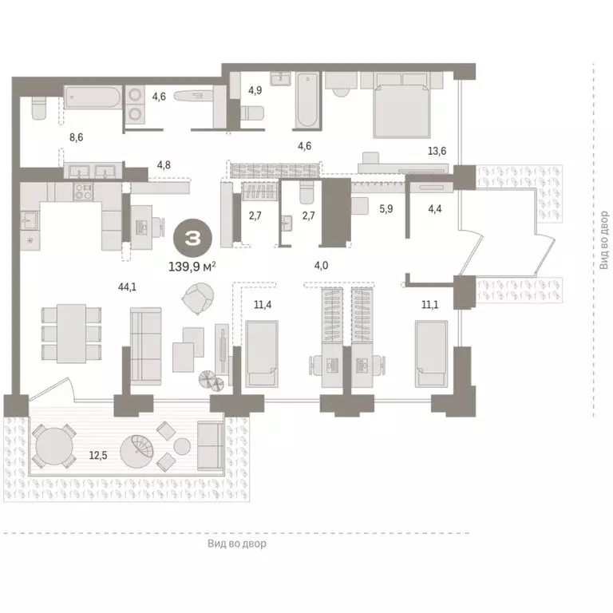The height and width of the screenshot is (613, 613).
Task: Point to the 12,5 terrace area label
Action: coord(97,455)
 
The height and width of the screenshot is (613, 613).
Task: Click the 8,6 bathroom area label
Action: coord(76,137)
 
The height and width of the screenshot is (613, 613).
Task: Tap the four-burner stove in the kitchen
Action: coord(84,192)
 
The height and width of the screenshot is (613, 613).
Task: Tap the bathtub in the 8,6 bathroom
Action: coord(93,100)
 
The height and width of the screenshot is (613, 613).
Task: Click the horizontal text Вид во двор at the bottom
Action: coord(236,544)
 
